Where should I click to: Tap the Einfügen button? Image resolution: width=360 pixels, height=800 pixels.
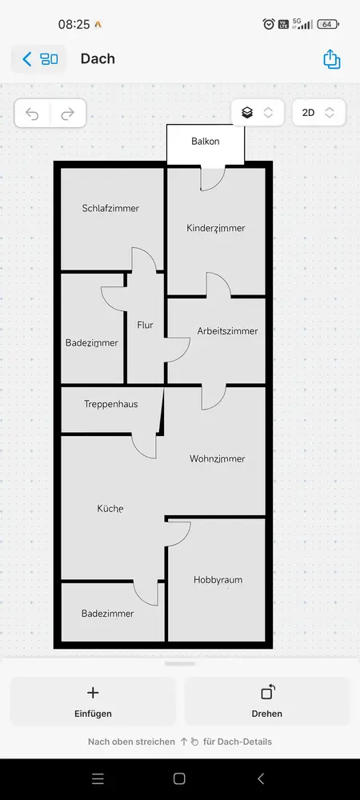(x=93, y=702)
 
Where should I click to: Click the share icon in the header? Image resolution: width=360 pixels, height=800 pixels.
(x=331, y=58)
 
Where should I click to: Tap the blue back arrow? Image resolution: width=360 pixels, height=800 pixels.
(x=27, y=58)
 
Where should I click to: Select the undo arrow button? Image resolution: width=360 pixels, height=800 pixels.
(x=32, y=114)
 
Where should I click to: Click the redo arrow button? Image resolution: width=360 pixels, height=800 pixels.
(x=68, y=114)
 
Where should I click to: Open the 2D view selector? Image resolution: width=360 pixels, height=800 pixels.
(x=318, y=112)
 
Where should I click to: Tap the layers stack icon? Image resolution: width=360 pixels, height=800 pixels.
(x=247, y=112)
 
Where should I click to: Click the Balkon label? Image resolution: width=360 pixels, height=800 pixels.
(x=206, y=142)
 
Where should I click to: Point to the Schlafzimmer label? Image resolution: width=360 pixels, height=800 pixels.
(x=110, y=208)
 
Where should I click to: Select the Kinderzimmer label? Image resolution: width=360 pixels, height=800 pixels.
(x=216, y=228)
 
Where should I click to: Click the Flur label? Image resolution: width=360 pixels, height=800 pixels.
(x=145, y=325)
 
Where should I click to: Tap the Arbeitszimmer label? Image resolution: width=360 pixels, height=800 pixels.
(x=227, y=331)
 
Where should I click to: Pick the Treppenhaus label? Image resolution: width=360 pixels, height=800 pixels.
(x=110, y=404)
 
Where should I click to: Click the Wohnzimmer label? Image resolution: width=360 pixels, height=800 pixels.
(x=218, y=458)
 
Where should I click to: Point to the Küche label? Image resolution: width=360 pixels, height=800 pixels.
(x=110, y=509)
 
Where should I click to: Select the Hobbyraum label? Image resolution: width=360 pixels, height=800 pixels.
(x=218, y=580)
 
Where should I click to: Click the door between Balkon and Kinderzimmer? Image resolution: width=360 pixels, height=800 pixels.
(x=212, y=178)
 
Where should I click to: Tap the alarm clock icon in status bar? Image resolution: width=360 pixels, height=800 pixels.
(x=269, y=24)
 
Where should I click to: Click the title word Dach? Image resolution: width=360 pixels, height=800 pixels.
(x=98, y=58)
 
